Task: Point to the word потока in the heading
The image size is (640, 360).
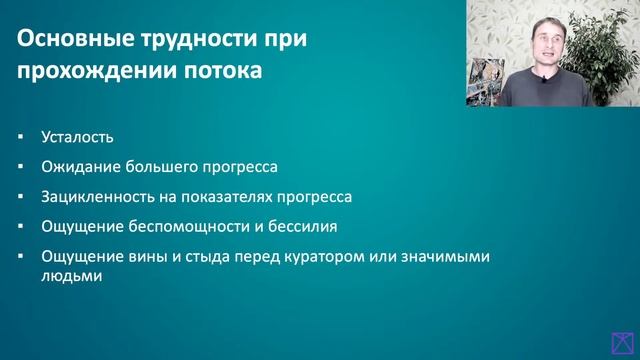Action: pos(226,72)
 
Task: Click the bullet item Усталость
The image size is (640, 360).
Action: pos(78,137)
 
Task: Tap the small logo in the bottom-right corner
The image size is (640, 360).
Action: pos(625,342)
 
